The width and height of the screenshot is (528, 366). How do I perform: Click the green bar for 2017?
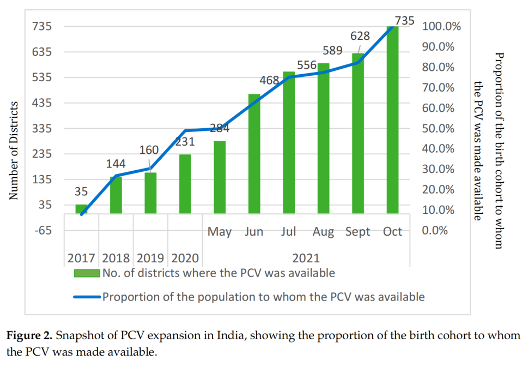pyautogui.click(x=81, y=208)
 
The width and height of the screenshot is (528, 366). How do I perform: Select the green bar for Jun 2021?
pyautogui.click(x=254, y=154)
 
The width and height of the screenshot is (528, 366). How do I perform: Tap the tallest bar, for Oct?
pyautogui.click(x=393, y=119)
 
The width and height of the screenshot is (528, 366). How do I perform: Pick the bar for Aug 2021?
pyautogui.click(x=324, y=139)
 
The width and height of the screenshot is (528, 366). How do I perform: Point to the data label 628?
pyautogui.click(x=360, y=37)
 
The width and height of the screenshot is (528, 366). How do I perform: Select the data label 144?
pyautogui.click(x=114, y=164)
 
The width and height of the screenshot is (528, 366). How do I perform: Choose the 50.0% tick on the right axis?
pyautogui.click(x=439, y=129)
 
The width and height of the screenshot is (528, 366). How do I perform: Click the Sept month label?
pyautogui.click(x=357, y=232)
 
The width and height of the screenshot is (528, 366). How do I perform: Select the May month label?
pyautogui.click(x=220, y=232)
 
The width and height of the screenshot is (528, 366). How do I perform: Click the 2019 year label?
pyautogui.click(x=150, y=258)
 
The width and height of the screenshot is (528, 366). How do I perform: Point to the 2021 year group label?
pyautogui.click(x=306, y=258)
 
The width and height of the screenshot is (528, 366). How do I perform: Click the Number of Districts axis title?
pyautogui.click(x=15, y=150)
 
